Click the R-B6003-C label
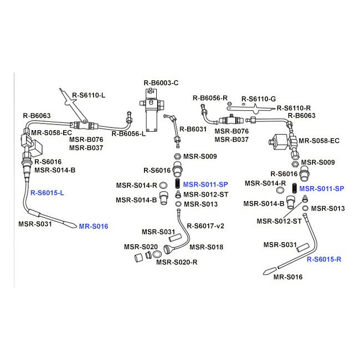(x=161, y=83)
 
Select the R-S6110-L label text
(x=89, y=95)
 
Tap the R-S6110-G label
(x=259, y=99)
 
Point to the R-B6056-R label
(x=210, y=98)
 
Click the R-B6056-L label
(x=128, y=133)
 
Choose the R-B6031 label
(x=193, y=129)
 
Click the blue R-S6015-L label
(x=47, y=193)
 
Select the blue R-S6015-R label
(x=324, y=259)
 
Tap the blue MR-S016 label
(x=94, y=227)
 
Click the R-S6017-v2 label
(x=205, y=226)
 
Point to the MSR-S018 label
(x=206, y=247)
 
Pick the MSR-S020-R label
(x=177, y=262)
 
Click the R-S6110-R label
(x=294, y=108)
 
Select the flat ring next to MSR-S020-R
(x=157, y=254)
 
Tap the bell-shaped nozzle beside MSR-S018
(x=167, y=250)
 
